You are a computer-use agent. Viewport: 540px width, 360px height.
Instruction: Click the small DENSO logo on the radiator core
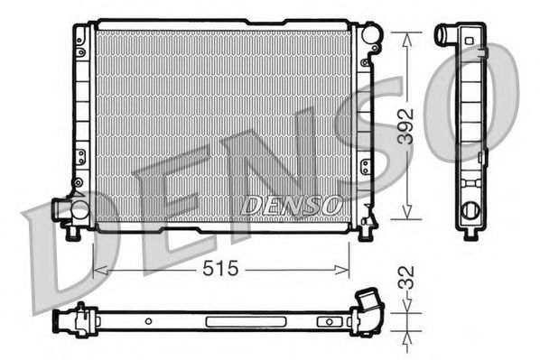(x=291, y=206)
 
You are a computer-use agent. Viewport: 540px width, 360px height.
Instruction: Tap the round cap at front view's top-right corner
(x=372, y=36)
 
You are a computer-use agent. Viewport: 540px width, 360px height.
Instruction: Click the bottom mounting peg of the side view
(x=470, y=235)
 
